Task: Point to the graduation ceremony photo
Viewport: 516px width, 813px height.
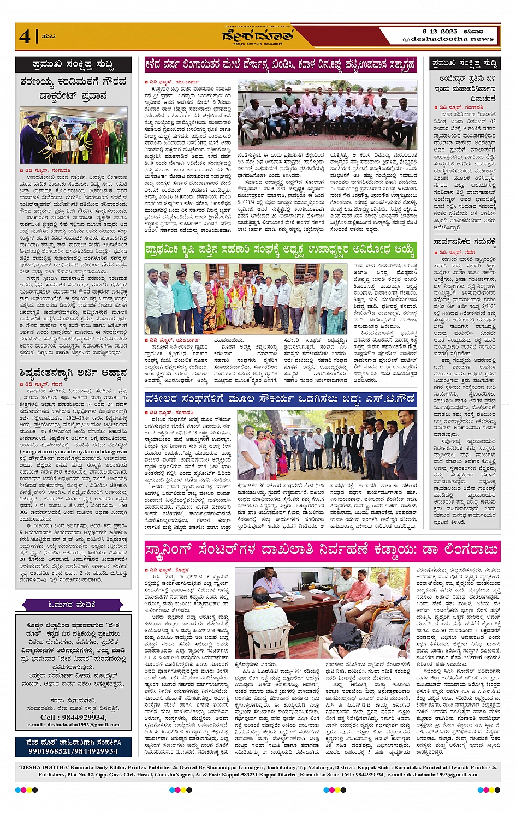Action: tap(73, 136)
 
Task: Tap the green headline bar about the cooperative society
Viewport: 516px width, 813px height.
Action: tap(280, 250)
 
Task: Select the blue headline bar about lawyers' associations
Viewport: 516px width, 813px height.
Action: tap(280, 399)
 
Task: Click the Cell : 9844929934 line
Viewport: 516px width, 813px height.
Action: tap(73, 717)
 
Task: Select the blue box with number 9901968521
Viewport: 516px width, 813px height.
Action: tap(73, 747)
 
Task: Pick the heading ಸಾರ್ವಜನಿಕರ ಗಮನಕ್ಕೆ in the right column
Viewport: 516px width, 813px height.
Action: tap(465, 241)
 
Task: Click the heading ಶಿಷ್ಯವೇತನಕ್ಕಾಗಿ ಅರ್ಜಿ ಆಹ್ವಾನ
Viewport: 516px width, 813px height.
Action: tap(73, 373)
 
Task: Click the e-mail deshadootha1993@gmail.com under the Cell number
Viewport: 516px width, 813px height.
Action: tap(73, 725)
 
